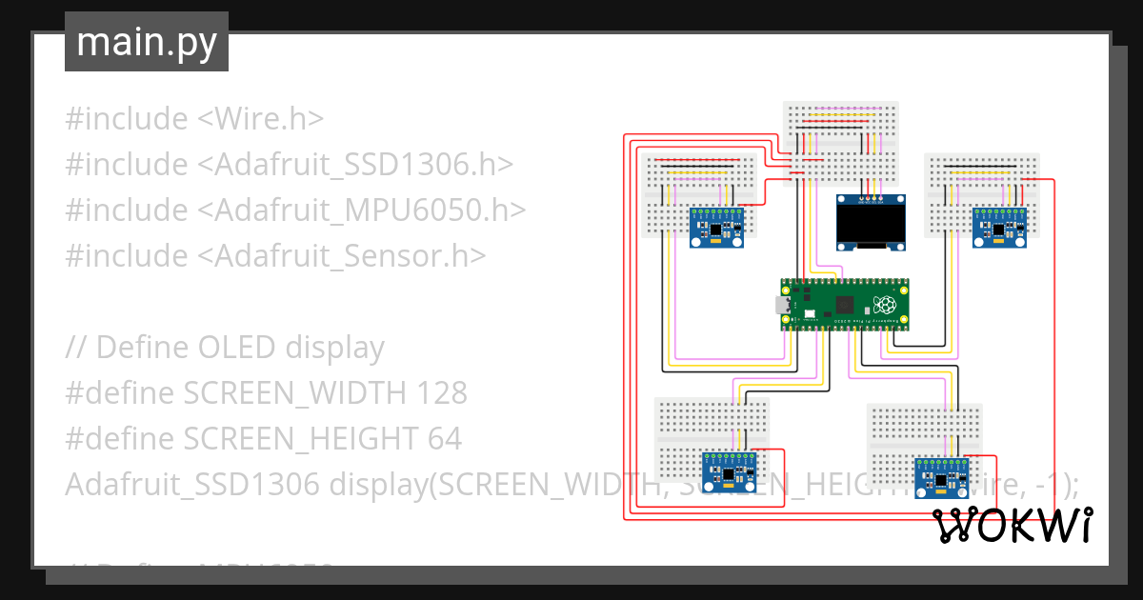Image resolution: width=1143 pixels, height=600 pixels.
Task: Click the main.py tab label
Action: tap(146, 42)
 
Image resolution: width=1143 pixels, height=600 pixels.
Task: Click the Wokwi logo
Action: tap(1012, 525)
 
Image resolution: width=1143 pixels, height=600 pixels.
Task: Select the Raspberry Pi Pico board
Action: tap(844, 305)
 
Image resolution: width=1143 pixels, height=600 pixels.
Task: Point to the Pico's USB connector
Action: tap(782, 306)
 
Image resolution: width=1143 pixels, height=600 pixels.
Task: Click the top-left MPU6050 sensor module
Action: tap(715, 229)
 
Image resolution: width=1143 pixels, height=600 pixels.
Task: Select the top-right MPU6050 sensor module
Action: tap(999, 229)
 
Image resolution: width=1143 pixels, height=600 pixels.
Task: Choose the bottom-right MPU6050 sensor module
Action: tap(941, 477)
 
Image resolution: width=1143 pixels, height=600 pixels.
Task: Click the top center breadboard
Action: tap(839, 142)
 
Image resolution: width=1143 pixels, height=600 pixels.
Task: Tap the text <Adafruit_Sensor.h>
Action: tap(341, 256)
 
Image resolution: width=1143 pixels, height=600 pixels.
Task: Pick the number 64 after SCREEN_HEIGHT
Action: tap(444, 439)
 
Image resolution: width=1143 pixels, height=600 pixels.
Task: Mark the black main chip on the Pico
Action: tap(843, 305)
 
